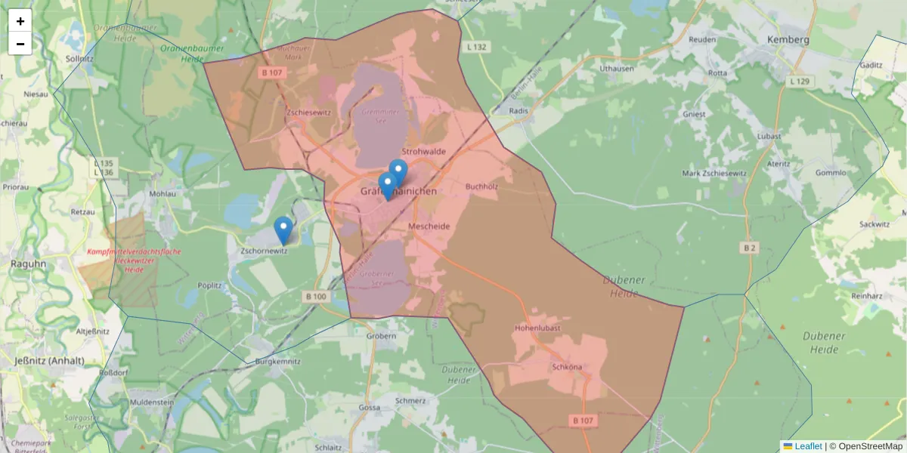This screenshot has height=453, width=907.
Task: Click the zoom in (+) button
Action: [x=20, y=20]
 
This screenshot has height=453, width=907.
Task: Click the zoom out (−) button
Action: [x=20, y=44]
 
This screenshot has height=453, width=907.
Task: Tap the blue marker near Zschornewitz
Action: [x=283, y=230]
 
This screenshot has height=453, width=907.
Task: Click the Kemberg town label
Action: [x=788, y=40]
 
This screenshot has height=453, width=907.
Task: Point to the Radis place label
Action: [x=519, y=110]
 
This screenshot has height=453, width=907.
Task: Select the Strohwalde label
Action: [x=424, y=152]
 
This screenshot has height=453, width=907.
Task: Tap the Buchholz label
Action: [x=481, y=186]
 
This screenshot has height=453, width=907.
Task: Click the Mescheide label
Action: [x=429, y=226]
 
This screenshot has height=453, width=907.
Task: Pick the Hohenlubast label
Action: [x=536, y=329]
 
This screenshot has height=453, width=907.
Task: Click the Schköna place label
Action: [x=567, y=368]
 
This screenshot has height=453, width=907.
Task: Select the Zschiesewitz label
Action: [x=309, y=112]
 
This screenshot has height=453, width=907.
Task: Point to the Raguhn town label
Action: [x=28, y=264]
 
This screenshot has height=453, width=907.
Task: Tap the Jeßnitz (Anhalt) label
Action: [x=50, y=361]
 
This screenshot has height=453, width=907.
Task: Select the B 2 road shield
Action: [x=749, y=247]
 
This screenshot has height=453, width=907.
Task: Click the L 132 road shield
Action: [x=477, y=47]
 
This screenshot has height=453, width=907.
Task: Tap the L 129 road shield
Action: [x=799, y=81]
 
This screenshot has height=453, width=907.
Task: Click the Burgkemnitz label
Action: [x=278, y=362]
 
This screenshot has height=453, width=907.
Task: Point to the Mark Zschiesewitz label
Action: [x=714, y=173]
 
